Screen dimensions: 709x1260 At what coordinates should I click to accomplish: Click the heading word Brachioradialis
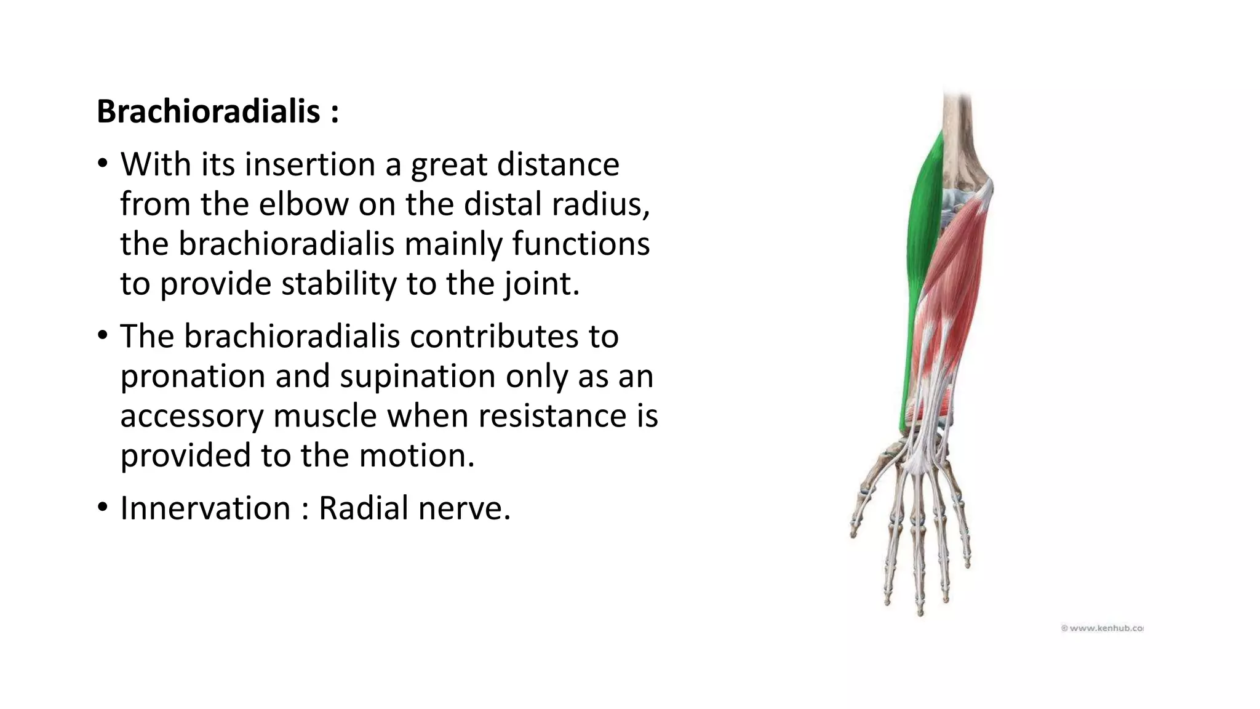209,112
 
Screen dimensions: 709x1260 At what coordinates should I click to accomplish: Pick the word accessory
191,416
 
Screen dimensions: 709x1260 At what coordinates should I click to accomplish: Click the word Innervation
205,508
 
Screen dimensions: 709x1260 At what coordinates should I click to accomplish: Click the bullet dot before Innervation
102,507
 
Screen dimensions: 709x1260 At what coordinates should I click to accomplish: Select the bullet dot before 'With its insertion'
102,163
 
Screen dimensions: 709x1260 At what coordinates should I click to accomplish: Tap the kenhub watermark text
1102,628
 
